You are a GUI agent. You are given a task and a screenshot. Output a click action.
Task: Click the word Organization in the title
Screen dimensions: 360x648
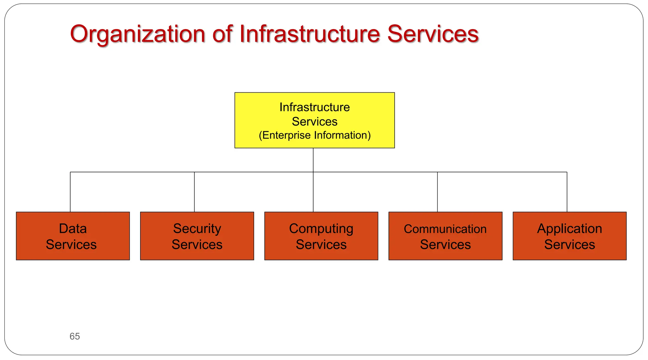pos(138,34)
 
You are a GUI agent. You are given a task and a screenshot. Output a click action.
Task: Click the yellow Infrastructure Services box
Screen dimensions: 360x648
pos(315,120)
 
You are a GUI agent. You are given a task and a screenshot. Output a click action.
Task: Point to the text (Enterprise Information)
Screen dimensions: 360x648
pos(315,135)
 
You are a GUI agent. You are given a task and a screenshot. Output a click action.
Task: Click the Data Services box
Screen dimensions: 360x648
pos(73,236)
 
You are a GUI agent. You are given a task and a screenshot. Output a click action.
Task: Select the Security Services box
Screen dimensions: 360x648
pos(197,236)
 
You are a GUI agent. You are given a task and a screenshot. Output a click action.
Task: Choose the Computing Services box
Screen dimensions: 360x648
pos(321,236)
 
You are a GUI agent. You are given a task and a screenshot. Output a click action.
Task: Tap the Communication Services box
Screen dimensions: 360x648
pos(445,236)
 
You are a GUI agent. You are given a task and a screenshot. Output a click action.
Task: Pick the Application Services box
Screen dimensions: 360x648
pos(570,236)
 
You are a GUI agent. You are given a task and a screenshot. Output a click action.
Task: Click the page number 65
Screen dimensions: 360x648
pos(75,336)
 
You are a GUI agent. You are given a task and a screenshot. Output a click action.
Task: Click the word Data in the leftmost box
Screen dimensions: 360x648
pos(73,228)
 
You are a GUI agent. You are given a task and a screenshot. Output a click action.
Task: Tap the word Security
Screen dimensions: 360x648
pos(197,228)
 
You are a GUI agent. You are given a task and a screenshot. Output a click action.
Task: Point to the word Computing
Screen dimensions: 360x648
pos(321,228)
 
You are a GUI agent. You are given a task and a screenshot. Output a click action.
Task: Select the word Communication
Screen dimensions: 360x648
pos(445,229)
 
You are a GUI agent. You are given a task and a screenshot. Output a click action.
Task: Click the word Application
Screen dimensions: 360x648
pos(570,228)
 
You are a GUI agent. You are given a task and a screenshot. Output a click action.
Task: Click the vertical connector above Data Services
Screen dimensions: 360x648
pos(70,192)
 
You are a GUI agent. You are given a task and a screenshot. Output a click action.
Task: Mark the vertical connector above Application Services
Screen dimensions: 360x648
pos(567,192)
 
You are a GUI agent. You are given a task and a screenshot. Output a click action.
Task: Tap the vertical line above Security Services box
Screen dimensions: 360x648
pos(194,192)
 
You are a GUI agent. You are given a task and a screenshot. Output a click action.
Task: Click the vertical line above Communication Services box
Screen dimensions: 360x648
pos(438,192)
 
